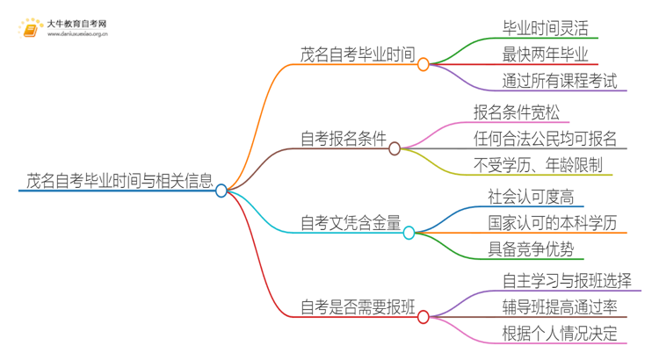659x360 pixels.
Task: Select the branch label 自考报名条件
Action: click(343, 138)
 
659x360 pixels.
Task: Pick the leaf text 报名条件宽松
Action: click(517, 112)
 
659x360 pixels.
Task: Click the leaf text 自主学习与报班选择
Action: click(567, 280)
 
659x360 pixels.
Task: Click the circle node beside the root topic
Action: click(221, 190)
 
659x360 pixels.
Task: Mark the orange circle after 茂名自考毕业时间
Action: click(424, 64)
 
